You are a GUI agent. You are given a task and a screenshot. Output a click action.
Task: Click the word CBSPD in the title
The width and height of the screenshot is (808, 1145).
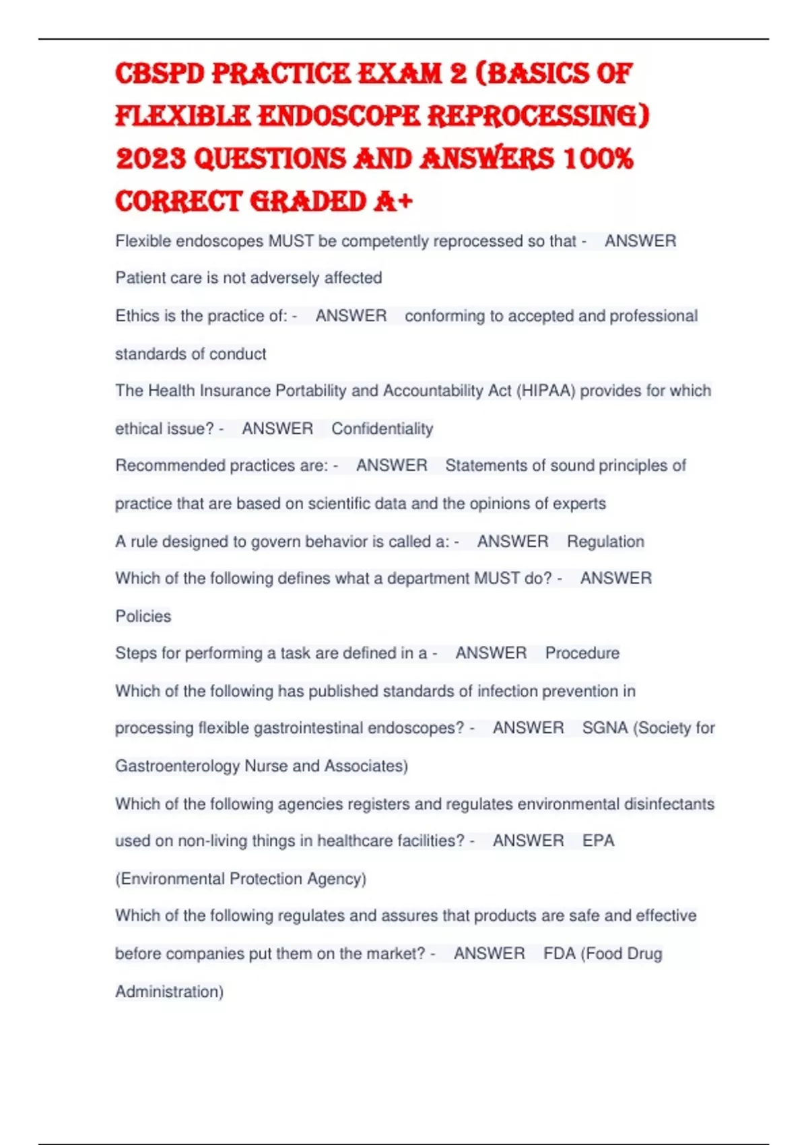click(160, 74)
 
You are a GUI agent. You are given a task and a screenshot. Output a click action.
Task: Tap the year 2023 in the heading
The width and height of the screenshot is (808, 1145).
click(151, 159)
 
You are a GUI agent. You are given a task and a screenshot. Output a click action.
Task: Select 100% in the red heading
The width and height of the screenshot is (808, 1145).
click(598, 159)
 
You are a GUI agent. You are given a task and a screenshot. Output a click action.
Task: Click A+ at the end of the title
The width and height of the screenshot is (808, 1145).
click(392, 201)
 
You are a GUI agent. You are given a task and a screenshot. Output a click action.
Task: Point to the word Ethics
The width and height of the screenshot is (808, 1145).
click(137, 316)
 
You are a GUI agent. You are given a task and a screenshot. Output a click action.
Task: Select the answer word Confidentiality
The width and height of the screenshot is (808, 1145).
click(382, 428)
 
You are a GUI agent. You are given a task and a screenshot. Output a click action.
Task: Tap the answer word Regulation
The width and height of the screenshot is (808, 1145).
click(605, 542)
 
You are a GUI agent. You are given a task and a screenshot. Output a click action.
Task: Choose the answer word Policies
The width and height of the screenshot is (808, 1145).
click(143, 616)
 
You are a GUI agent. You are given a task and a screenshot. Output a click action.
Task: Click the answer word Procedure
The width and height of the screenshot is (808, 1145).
click(582, 653)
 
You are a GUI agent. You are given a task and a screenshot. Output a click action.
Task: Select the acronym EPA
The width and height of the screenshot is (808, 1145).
click(599, 841)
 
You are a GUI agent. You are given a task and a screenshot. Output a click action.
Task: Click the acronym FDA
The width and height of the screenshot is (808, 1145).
click(559, 954)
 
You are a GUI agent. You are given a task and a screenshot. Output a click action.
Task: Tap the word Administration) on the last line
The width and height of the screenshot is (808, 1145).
click(169, 991)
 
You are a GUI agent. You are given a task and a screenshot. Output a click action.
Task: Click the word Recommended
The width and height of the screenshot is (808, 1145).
click(170, 465)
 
